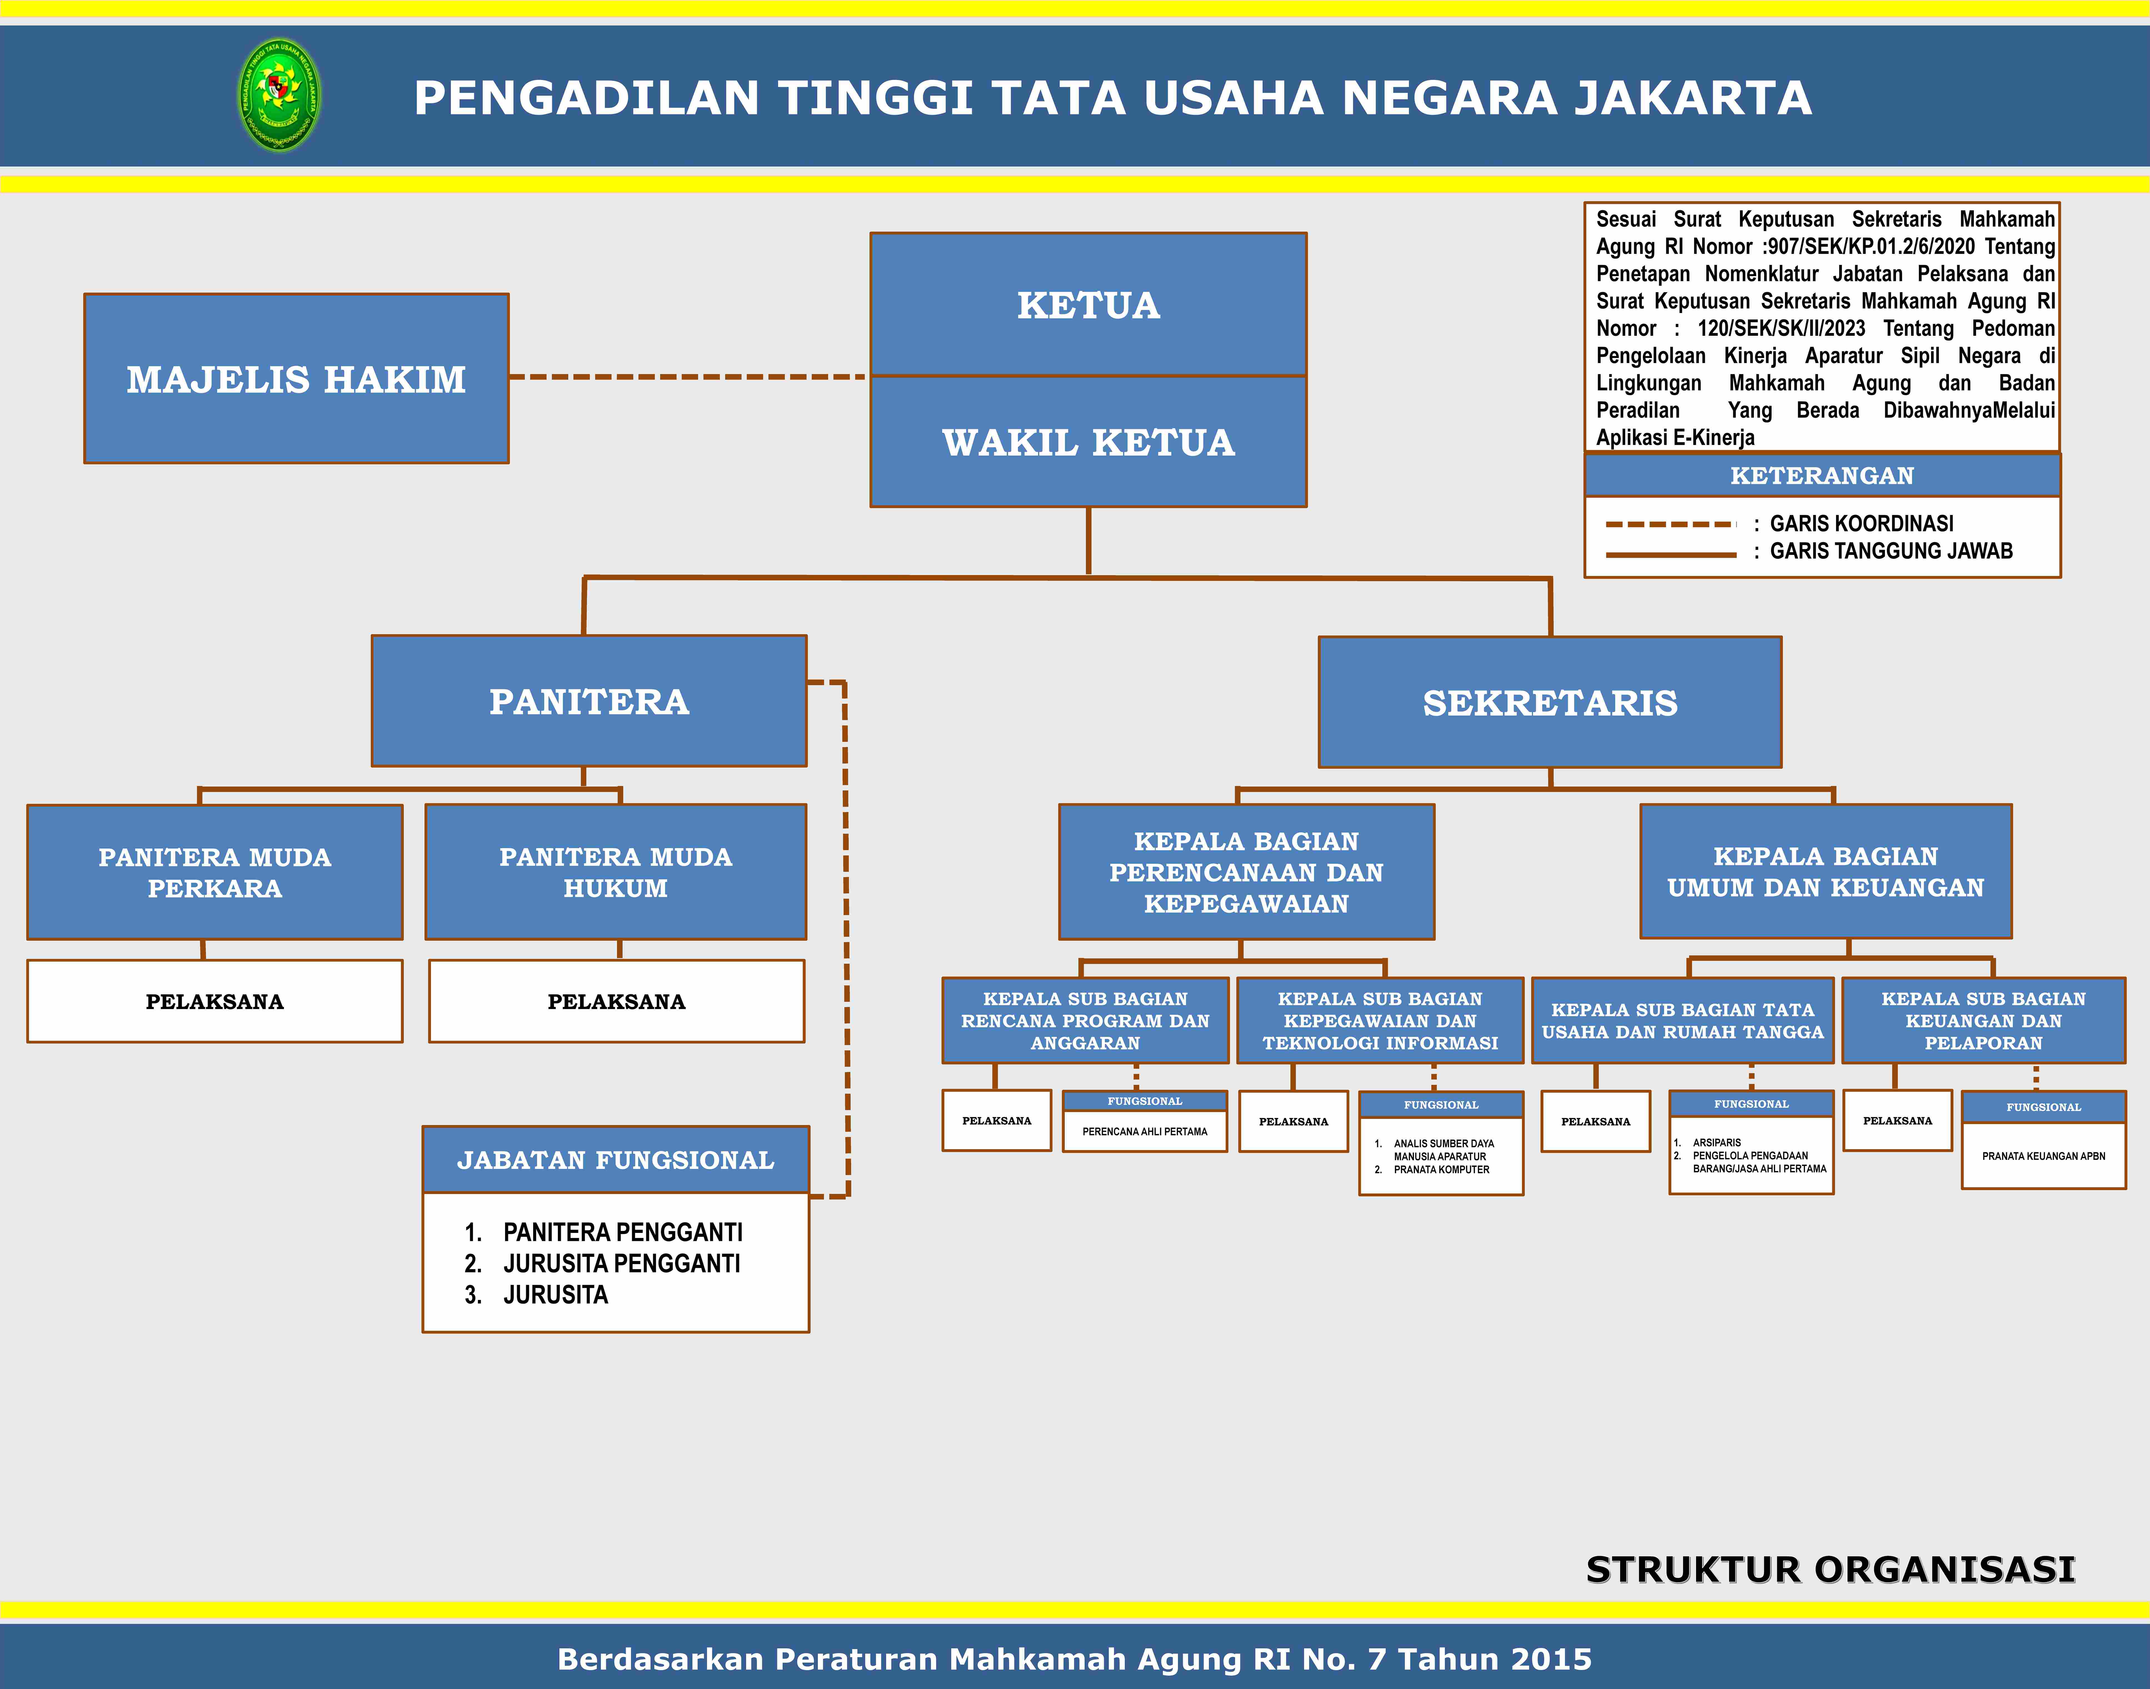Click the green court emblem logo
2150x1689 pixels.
pyautogui.click(x=280, y=95)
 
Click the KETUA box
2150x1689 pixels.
pyautogui.click(x=1088, y=305)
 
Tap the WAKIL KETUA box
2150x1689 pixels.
pyautogui.click(x=1088, y=442)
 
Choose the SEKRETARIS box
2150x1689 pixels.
pyautogui.click(x=1550, y=702)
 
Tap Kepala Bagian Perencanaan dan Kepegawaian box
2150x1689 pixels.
pyautogui.click(x=1246, y=872)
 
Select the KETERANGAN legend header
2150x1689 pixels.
pyautogui.click(x=1822, y=476)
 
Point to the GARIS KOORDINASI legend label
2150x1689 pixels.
pyautogui.click(x=1861, y=523)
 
